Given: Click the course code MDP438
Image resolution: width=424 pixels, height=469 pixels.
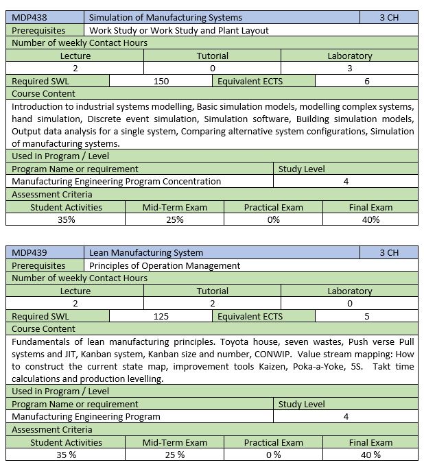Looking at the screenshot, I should (x=28, y=17).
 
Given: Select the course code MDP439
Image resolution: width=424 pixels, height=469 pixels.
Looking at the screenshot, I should (x=28, y=252).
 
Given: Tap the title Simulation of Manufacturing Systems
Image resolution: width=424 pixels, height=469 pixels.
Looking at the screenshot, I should (x=165, y=17).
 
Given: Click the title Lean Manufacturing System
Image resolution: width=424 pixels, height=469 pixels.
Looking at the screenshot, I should (x=146, y=252).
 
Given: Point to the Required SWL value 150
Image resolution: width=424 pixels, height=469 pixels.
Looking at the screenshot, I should (x=161, y=81).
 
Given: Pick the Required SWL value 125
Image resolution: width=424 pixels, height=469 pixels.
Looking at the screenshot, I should (x=161, y=316).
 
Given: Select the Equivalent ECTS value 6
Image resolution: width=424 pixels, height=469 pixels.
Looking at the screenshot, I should (x=367, y=81).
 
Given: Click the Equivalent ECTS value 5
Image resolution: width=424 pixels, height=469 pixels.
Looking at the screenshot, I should (x=367, y=316).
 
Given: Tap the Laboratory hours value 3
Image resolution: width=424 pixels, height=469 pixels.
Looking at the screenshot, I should (x=349, y=68).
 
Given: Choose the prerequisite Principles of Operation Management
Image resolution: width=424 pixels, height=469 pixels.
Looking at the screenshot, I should (x=165, y=265).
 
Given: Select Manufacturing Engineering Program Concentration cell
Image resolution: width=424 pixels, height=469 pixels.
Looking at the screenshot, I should (x=117, y=182).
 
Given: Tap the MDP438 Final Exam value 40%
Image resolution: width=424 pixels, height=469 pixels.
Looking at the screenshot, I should (x=370, y=219).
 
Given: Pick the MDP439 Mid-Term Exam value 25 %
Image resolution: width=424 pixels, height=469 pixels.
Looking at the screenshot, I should (x=174, y=455).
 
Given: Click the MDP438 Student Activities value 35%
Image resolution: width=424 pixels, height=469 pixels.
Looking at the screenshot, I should (x=66, y=219).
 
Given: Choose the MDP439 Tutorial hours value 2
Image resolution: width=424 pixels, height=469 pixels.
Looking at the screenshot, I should (x=212, y=303).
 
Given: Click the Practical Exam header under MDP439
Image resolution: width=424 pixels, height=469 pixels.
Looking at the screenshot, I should (x=273, y=442).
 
